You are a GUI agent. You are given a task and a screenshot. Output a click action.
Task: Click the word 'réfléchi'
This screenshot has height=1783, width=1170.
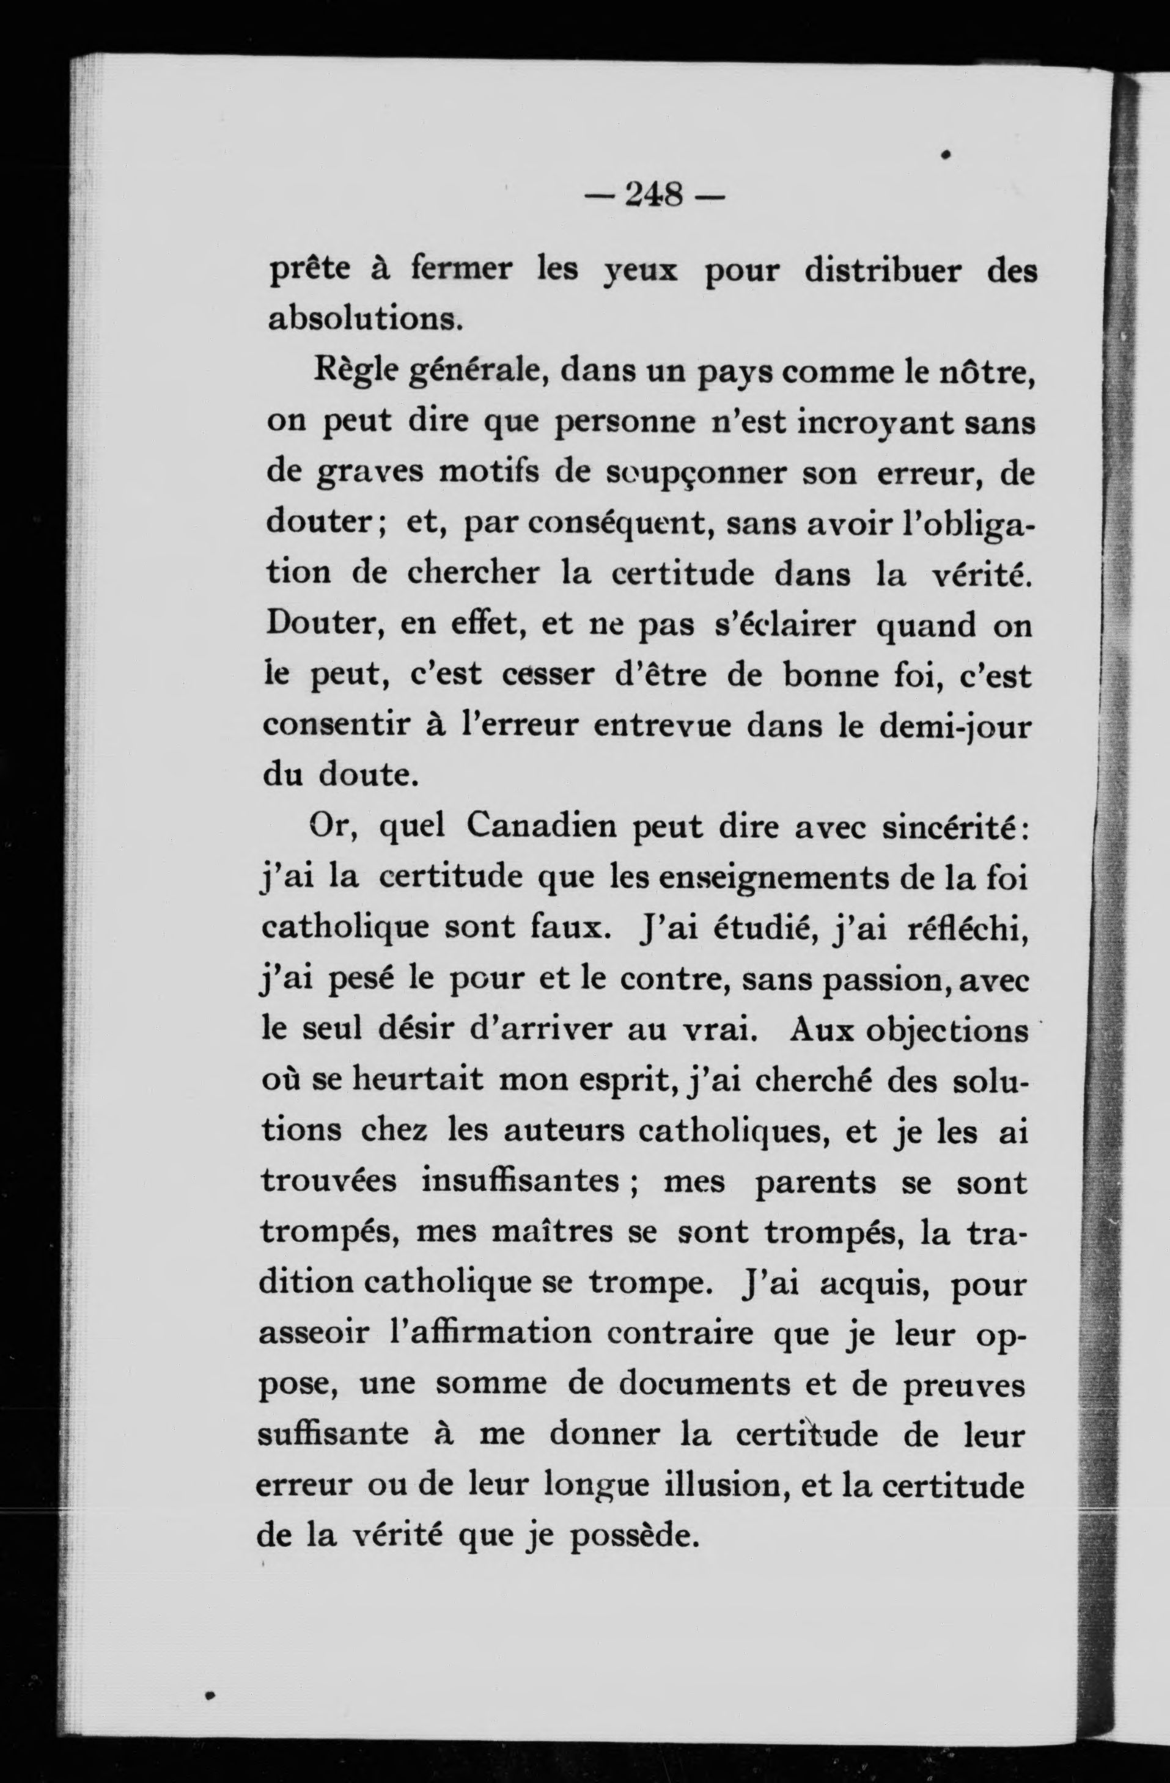(x=966, y=929)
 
